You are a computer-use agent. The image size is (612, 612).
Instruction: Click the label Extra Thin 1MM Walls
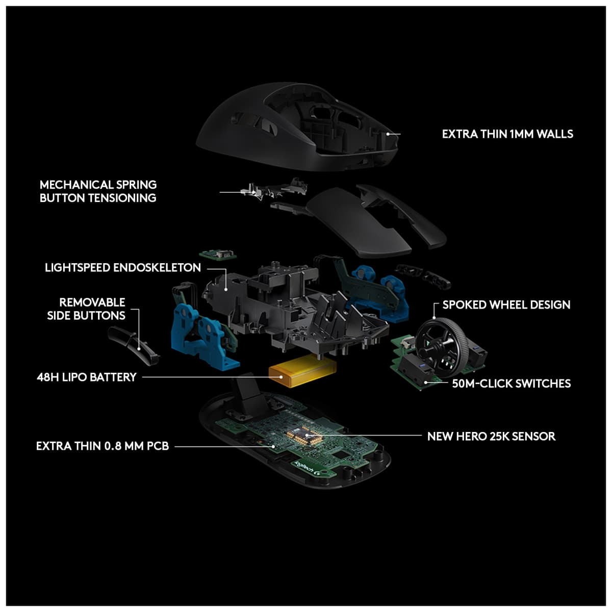click(507, 134)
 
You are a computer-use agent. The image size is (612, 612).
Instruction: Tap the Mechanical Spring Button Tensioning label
click(98, 191)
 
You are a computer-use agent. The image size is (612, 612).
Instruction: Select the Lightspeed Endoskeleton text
click(122, 268)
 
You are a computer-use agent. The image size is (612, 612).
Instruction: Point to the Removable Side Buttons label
click(87, 309)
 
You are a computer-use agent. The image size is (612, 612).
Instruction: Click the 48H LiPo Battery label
click(87, 377)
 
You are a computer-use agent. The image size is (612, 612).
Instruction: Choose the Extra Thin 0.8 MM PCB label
click(102, 446)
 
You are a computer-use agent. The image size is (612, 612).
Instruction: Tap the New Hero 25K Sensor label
click(491, 437)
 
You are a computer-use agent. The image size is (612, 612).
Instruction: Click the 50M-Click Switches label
click(511, 384)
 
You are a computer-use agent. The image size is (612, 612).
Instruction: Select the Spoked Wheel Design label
click(506, 305)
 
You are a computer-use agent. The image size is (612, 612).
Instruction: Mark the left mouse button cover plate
click(357, 222)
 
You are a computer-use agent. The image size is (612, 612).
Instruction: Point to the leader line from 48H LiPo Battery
click(204, 377)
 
